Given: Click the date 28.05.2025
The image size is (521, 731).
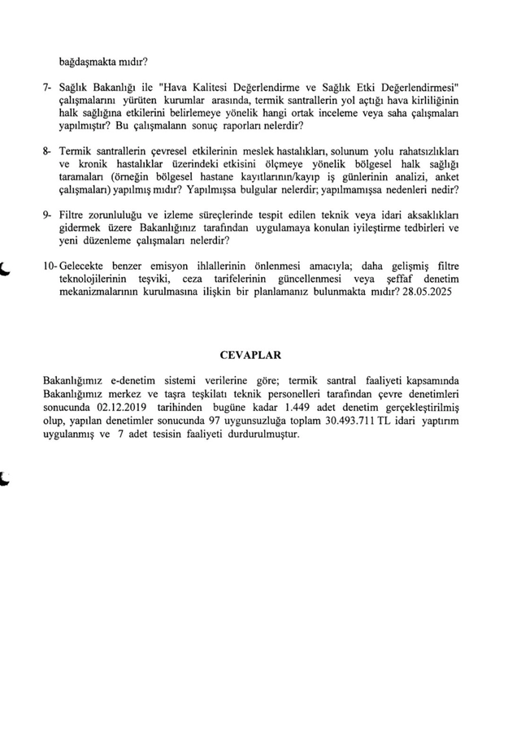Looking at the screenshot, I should point(430,291).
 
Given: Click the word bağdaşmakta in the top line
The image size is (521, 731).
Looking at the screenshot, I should point(88,59).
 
